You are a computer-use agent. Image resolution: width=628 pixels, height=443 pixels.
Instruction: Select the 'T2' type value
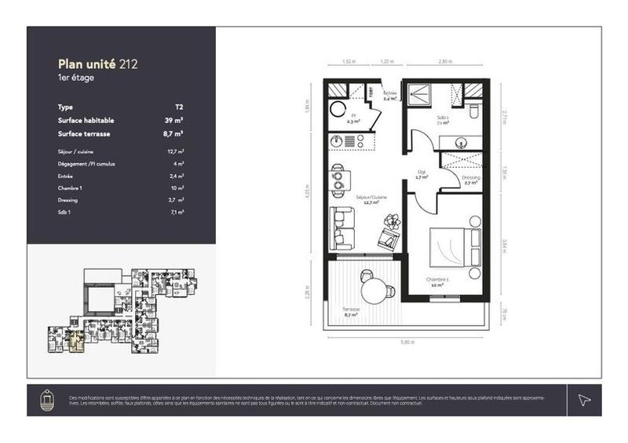(x=179, y=107)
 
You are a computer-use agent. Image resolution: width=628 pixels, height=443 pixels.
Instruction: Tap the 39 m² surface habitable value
(x=175, y=121)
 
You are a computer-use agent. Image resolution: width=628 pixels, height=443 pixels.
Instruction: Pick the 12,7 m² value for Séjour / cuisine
(x=176, y=151)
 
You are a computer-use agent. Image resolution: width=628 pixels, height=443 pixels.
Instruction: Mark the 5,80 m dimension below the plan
(x=406, y=342)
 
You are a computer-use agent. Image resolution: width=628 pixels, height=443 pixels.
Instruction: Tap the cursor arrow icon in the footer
(x=583, y=400)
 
